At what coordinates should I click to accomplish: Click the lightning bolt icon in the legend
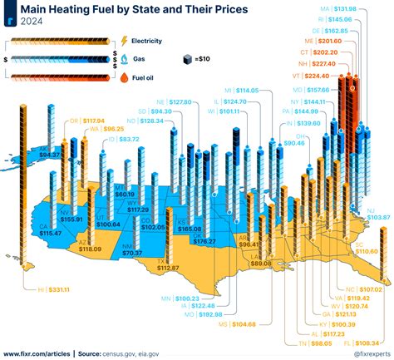(125, 41)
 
